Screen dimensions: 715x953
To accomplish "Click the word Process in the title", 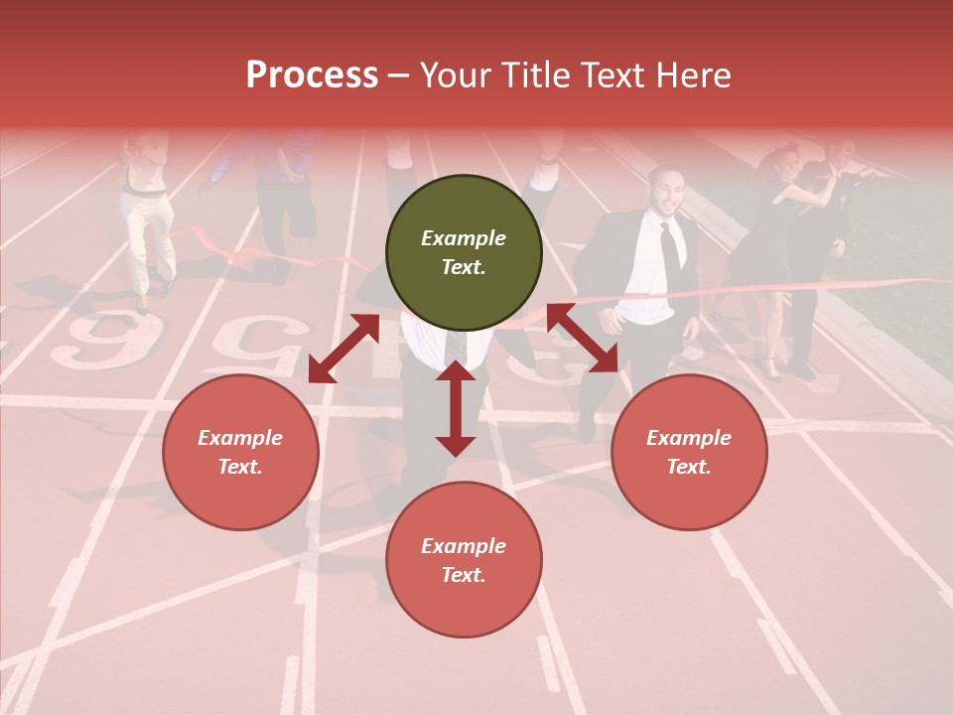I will click(312, 75).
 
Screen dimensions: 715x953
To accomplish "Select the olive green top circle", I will click(464, 253).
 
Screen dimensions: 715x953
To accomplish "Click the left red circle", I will click(240, 452).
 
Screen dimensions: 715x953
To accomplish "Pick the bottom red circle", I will click(464, 560).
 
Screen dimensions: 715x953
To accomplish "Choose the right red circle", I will click(689, 452).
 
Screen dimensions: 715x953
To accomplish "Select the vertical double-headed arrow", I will click(456, 408).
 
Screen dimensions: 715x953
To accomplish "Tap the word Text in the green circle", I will click(463, 267).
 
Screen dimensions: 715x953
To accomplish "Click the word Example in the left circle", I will click(240, 438).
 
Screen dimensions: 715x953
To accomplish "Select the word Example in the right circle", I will click(689, 438).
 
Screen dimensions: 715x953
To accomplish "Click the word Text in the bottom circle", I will click(463, 575).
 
